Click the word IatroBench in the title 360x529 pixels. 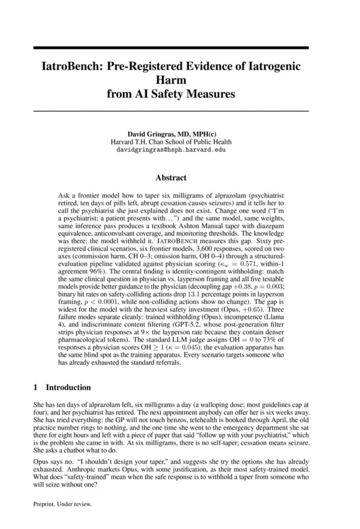click(71, 67)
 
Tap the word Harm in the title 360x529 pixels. click(171, 80)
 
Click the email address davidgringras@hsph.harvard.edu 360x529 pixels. click(171, 150)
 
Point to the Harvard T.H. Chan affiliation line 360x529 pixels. click(171, 142)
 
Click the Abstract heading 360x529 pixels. click(171, 178)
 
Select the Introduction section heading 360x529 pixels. click(68, 387)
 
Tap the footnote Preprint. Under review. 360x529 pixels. click(63, 504)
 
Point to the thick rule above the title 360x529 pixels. click(171, 47)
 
